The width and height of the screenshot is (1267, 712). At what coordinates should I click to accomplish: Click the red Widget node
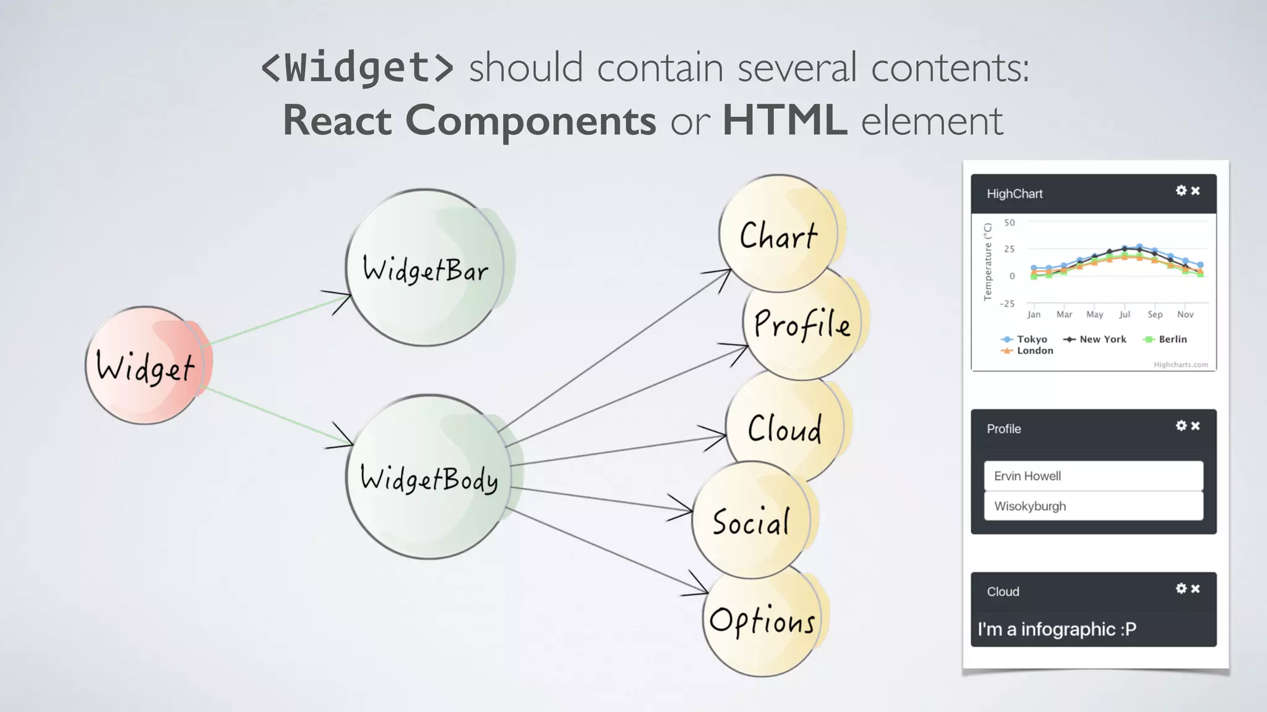tap(146, 365)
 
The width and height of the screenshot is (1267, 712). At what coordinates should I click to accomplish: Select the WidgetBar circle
tap(425, 268)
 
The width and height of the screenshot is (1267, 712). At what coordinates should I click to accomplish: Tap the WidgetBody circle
tap(429, 477)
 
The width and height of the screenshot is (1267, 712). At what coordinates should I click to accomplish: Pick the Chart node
tap(778, 234)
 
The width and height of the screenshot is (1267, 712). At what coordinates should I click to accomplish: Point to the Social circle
tap(750, 520)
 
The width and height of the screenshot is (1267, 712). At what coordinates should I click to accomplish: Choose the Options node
tap(762, 620)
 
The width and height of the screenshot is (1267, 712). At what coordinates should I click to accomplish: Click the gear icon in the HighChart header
tap(1181, 191)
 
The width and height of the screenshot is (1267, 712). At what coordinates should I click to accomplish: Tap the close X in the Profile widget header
tap(1195, 426)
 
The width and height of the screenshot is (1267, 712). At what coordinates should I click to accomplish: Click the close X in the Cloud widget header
tap(1195, 589)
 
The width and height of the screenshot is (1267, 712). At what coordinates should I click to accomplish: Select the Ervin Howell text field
tap(1093, 476)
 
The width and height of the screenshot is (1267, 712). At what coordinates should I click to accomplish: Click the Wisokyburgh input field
tap(1093, 506)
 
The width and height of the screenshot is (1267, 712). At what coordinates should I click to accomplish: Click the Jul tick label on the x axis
tap(1124, 315)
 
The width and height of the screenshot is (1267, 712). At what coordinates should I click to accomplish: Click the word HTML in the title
tap(784, 120)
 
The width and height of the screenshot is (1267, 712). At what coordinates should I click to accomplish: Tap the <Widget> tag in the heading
tap(358, 67)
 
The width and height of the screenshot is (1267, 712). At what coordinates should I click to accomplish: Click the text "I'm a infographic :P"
tap(1057, 629)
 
